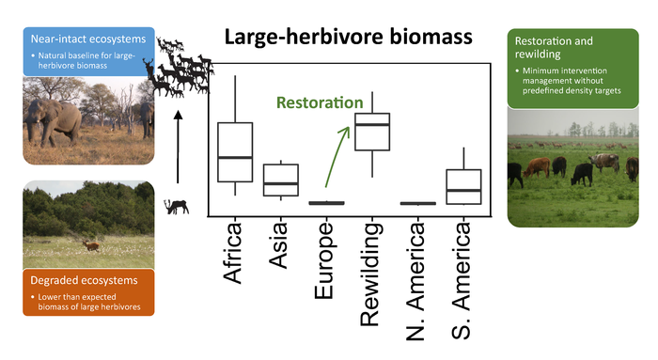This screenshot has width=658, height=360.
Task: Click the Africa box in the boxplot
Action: point(235,151)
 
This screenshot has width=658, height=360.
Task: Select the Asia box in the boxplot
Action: point(280,180)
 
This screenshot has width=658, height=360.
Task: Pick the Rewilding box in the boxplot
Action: point(371,132)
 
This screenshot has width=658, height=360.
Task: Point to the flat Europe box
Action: point(326,202)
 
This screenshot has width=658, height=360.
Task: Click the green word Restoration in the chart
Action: point(319,102)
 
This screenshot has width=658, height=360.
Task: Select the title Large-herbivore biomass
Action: point(348,39)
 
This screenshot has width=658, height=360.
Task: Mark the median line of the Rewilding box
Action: point(371,124)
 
